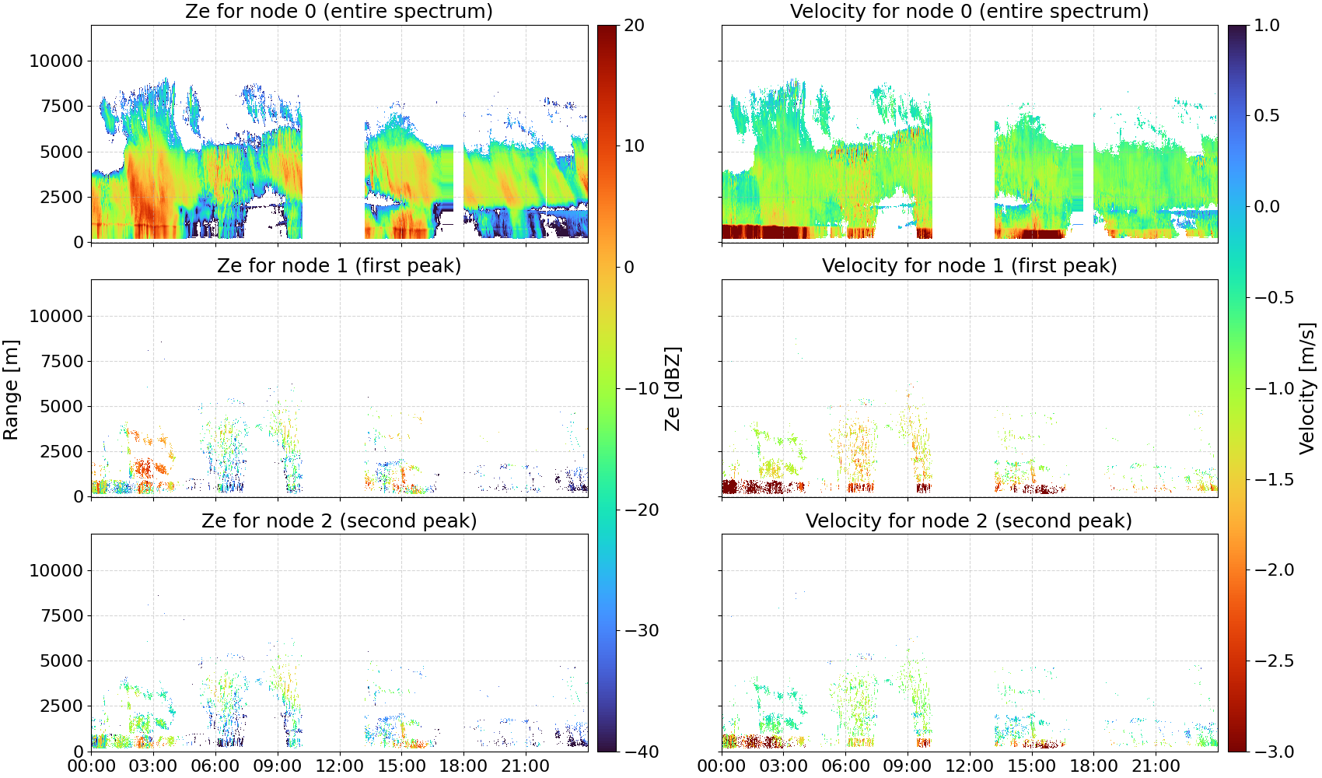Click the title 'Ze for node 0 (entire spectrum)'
[x=339, y=11]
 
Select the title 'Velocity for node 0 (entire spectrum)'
[x=969, y=11]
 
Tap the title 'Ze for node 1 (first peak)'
[x=339, y=265]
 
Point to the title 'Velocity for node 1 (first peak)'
[x=969, y=265]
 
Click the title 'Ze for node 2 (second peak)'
[x=339, y=520]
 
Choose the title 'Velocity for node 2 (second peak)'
[x=969, y=520]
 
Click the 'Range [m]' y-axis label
[x=11, y=390]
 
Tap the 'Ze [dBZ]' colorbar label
[x=672, y=388]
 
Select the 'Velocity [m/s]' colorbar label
[x=1307, y=388]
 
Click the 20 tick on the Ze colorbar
[x=635, y=26]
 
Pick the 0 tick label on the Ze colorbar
[x=629, y=267]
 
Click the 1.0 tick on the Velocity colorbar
[x=1267, y=26]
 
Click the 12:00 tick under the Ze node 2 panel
[x=339, y=766]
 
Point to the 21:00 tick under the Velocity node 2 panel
[x=1156, y=766]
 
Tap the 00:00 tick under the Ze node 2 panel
[x=92, y=766]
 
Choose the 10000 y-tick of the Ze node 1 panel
[x=57, y=316]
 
